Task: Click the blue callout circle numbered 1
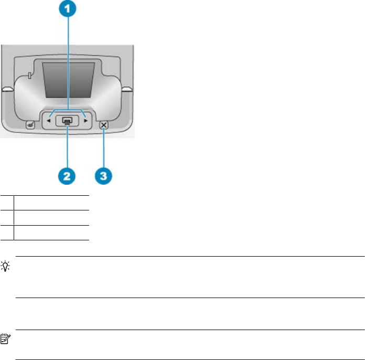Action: [x=68, y=8]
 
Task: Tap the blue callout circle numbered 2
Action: [x=67, y=176]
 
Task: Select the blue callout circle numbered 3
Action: [x=104, y=176]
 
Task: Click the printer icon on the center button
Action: [x=67, y=121]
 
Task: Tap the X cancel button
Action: [x=104, y=125]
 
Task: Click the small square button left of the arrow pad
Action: [x=30, y=125]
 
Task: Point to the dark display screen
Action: [x=69, y=80]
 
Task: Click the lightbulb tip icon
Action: [x=5, y=266]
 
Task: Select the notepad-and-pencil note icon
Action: [x=5, y=339]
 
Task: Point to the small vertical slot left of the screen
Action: [x=29, y=76]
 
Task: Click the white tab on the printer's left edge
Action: [x=7, y=89]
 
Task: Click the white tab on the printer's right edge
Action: [x=127, y=89]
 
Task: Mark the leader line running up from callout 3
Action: [x=104, y=148]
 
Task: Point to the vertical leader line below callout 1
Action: [x=68, y=63]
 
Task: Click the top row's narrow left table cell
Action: [x=7, y=203]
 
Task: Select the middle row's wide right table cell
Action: [x=51, y=218]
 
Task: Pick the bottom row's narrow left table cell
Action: [x=7, y=232]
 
